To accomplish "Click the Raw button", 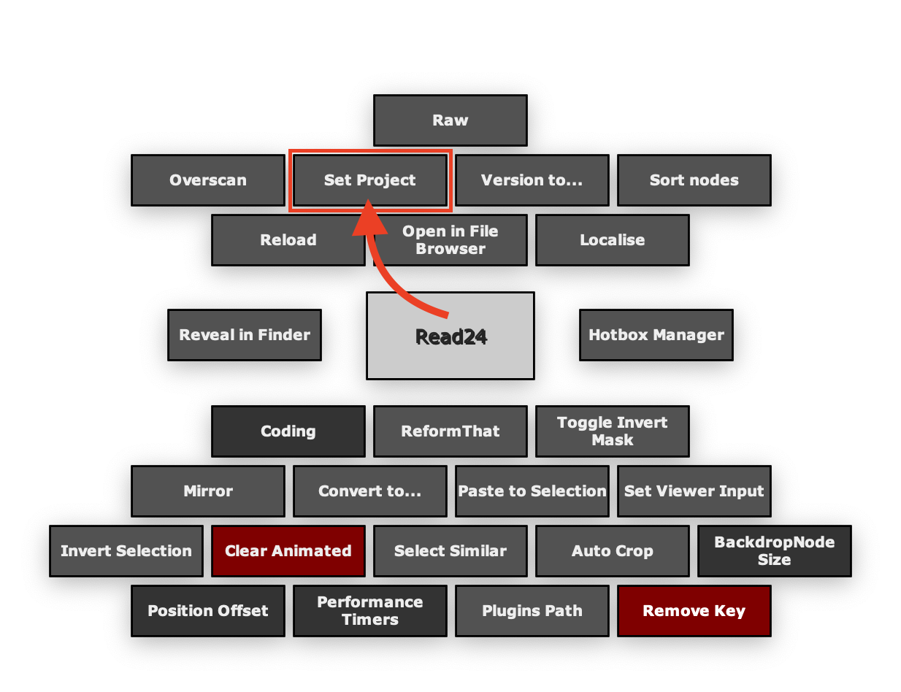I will pos(450,120).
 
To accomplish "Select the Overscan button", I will pos(208,180).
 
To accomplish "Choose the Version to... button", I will pos(532,180).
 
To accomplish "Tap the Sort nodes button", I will pos(694,180).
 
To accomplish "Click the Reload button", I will pos(288,240).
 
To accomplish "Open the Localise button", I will pos(613,240).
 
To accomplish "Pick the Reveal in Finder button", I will pos(245,335).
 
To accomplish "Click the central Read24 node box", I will pos(451,336).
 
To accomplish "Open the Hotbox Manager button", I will pos(656,335).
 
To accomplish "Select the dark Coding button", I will pos(288,431).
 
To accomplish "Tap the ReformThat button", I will pos(451,431).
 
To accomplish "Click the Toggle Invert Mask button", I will pos(613,431).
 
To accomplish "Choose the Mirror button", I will pos(208,491).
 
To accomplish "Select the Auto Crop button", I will pos(613,551).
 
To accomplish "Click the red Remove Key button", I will pos(694,611).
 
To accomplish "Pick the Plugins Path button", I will pos(532,611).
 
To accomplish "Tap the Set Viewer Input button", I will pos(694,491).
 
